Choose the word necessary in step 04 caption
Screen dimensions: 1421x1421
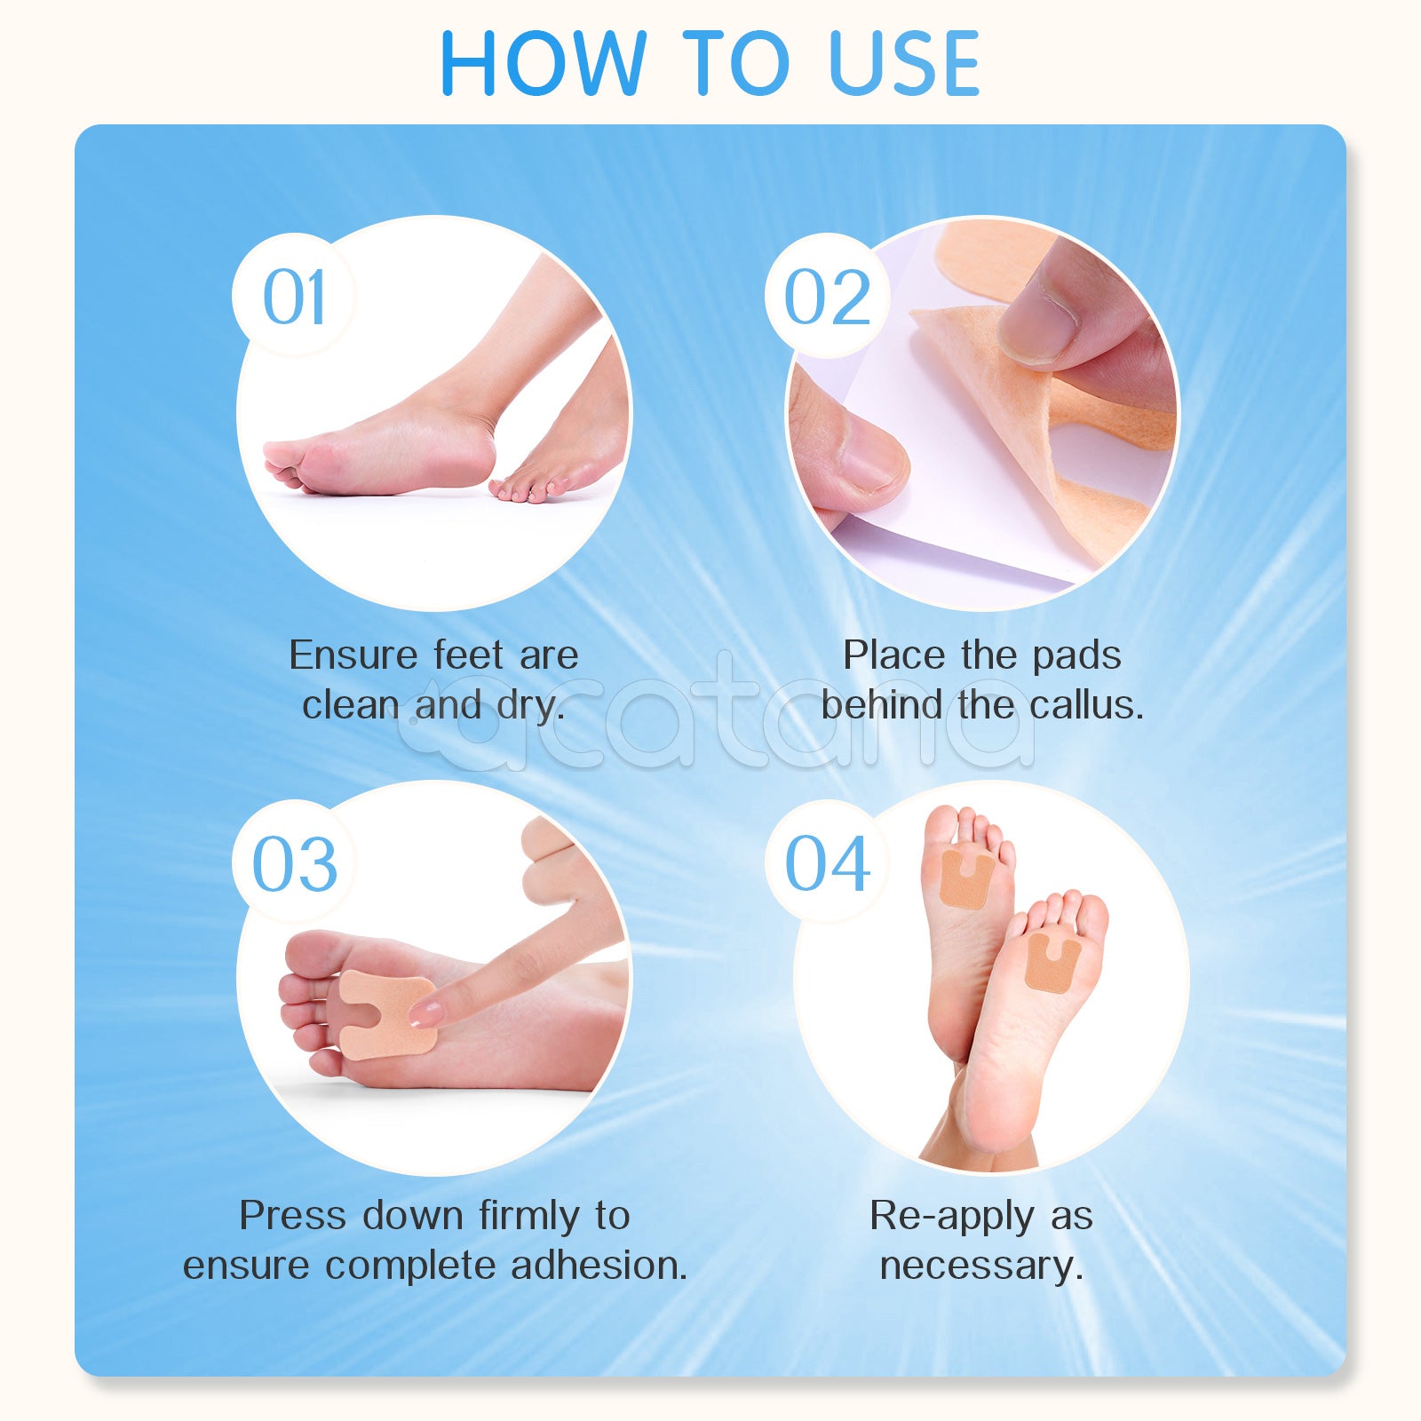tap(980, 1265)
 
